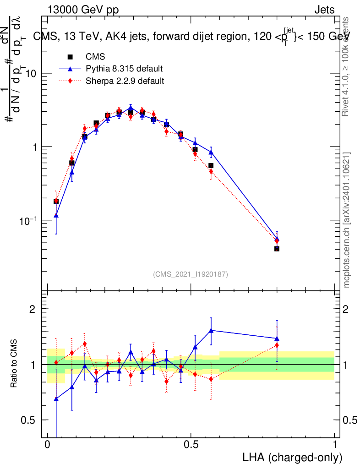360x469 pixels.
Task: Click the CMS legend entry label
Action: click(95, 57)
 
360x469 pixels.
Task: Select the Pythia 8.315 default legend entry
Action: click(124, 69)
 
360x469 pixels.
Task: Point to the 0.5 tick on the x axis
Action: click(191, 444)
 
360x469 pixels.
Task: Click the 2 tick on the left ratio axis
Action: click(33, 309)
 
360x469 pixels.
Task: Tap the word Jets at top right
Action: click(324, 10)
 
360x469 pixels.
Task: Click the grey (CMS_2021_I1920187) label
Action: click(191, 274)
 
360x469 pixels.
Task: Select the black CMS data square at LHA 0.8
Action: click(277, 249)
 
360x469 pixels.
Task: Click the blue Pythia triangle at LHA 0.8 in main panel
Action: click(277, 238)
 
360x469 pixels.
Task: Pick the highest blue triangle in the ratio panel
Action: click(211, 330)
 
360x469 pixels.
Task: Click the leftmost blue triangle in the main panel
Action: click(56, 215)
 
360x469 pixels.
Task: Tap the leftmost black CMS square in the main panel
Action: click(56, 201)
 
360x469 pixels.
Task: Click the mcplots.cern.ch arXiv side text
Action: click(347, 220)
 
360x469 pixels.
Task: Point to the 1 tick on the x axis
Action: click(335, 444)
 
